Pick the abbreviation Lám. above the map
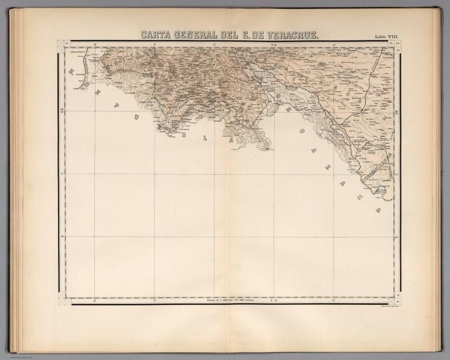point(381,37)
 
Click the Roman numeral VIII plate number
point(395,37)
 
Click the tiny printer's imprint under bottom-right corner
point(386,307)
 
